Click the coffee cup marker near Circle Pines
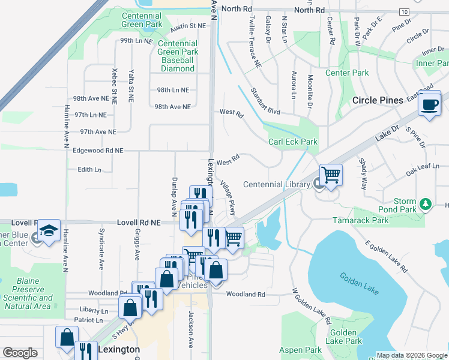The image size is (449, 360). pos(429,104)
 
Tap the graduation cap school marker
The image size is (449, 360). pos(49,231)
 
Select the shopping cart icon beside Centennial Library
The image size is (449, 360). pos(331,175)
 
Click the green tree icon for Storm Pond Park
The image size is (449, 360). pos(426,204)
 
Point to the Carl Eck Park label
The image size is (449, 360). pos(292,142)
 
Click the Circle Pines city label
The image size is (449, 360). pos(378,100)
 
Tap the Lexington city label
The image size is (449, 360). pos(119,349)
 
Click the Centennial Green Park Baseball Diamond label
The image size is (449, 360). pos(177,56)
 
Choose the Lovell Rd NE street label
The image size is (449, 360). pos(139,222)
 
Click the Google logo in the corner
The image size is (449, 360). pos(20,353)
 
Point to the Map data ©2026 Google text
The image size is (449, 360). pos(411,355)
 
